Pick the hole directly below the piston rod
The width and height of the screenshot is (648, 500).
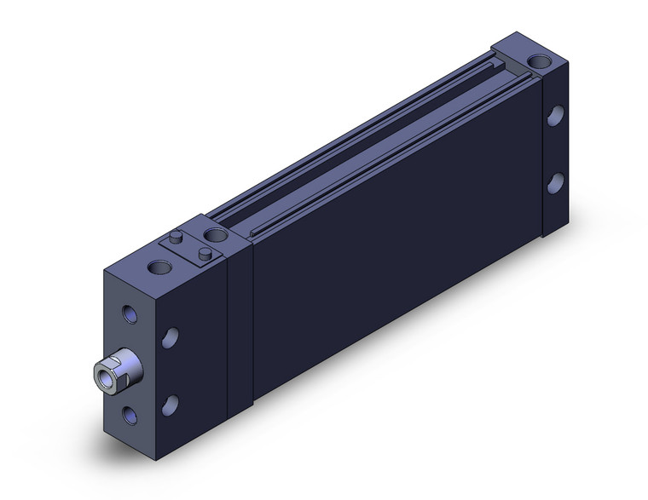tap(130, 414)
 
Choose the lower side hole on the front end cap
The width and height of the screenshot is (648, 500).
tap(171, 404)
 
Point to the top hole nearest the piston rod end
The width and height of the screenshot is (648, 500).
tap(159, 267)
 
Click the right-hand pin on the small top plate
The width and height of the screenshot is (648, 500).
tap(205, 253)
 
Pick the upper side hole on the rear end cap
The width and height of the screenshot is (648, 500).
tap(555, 116)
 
